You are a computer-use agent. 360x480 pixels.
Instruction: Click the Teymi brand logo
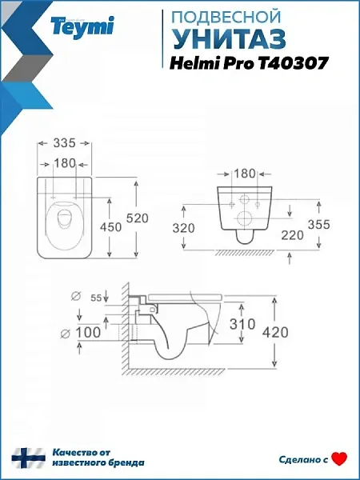82,27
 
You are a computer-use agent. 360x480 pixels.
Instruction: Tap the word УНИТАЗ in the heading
230,40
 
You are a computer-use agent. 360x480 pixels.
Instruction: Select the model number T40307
294,64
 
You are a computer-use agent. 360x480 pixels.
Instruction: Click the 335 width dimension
64,142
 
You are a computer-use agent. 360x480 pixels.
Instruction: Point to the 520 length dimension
138,218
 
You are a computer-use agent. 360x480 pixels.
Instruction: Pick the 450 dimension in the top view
110,227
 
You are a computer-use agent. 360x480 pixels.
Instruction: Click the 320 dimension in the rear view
183,228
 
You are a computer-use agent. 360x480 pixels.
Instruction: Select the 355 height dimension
319,224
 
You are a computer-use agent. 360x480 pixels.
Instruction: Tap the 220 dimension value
292,235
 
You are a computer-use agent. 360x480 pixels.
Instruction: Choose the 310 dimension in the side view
242,324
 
